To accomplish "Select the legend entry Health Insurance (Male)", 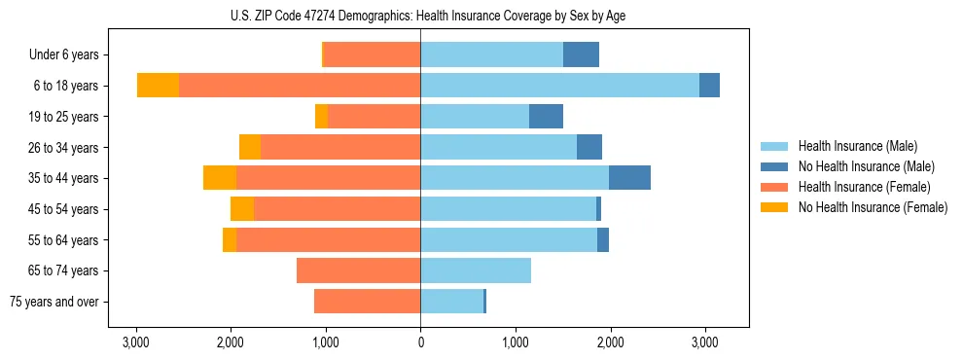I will [x=857, y=146].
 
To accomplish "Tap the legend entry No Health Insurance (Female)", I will [x=873, y=207].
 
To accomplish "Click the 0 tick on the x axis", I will [x=420, y=342].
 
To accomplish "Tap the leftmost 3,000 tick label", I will [x=136, y=342].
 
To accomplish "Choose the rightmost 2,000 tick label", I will [x=610, y=342].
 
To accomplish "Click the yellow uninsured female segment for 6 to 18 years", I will [x=158, y=86].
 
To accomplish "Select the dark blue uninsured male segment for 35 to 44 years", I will [x=629, y=178].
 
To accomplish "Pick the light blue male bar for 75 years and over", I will [x=451, y=302].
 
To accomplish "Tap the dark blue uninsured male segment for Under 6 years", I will [x=581, y=55].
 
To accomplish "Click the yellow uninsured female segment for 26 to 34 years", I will [x=250, y=147].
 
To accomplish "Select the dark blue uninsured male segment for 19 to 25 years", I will [x=546, y=117].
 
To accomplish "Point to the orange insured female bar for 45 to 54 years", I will [x=337, y=209].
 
